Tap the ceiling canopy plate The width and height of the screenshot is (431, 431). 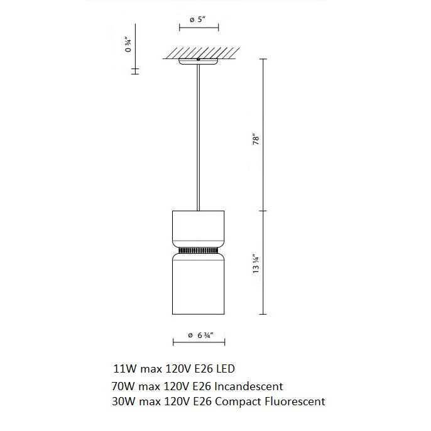pos(199,62)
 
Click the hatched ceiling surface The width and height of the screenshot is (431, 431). pos(199,53)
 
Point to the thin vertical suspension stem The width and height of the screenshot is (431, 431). pos(199,138)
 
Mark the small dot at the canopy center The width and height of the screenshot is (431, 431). pos(199,60)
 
